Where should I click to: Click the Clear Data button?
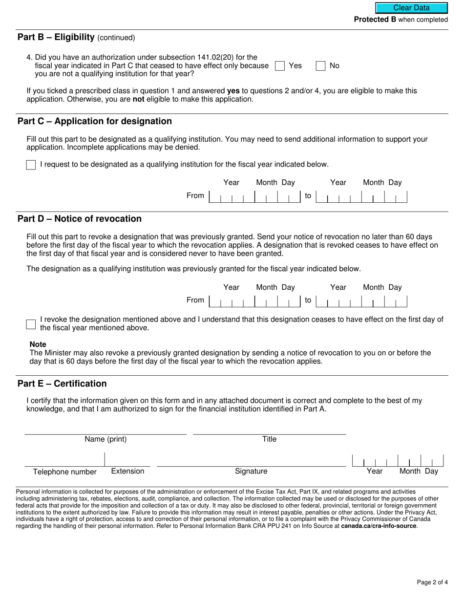[411, 8]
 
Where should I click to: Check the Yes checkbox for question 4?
[280, 66]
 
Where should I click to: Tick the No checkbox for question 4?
[320, 66]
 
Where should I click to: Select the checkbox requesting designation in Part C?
[31, 165]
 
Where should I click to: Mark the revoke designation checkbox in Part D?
[31, 324]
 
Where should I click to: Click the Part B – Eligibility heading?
[56, 37]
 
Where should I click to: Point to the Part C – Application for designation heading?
[94, 121]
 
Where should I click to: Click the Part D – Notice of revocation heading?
[79, 218]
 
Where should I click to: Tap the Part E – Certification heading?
[62, 384]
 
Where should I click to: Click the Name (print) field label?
[105, 439]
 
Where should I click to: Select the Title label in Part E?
[269, 439]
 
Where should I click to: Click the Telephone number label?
[64, 472]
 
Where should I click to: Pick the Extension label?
[127, 472]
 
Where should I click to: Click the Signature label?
[251, 472]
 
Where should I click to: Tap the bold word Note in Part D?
[38, 344]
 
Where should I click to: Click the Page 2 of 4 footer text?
[432, 582]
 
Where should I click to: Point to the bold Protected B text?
[375, 20]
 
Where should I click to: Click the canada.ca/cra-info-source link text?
[379, 526]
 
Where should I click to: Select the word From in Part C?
[195, 196]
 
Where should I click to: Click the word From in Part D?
[195, 300]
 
